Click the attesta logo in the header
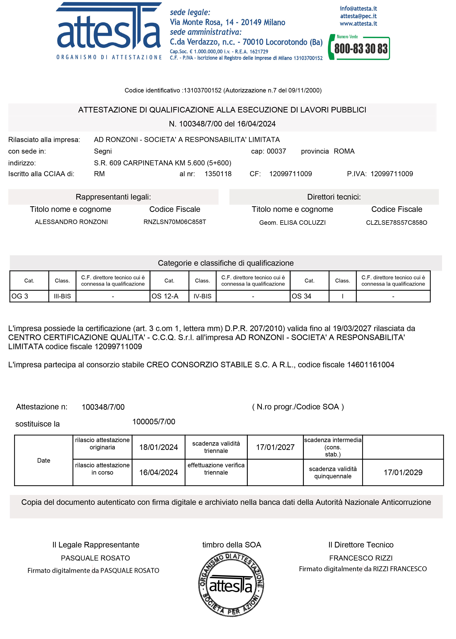(109, 31)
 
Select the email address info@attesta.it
(358, 9)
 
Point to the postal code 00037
(276, 151)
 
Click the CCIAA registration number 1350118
(218, 174)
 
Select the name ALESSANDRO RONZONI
(71, 222)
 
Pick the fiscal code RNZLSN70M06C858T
(175, 222)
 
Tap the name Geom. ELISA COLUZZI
(292, 223)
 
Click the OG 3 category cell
(29, 296)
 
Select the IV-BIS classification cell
(202, 296)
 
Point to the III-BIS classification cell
(62, 296)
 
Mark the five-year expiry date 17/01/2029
(403, 473)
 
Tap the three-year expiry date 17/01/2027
(275, 447)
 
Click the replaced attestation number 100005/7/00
(154, 422)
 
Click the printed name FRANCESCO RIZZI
(361, 558)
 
